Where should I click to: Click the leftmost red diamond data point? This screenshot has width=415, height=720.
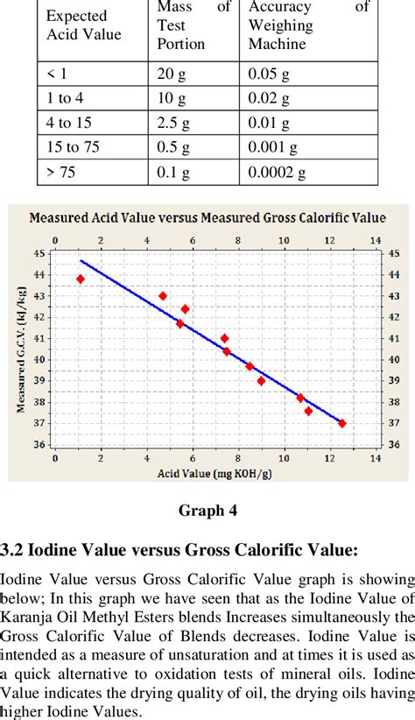pyautogui.click(x=81, y=279)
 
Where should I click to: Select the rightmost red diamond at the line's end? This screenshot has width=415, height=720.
pyautogui.click(x=341, y=423)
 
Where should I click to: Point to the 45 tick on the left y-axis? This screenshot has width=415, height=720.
pyautogui.click(x=39, y=253)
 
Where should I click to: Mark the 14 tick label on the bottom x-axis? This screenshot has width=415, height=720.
pyautogui.click(x=375, y=457)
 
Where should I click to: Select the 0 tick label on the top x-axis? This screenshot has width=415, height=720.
pyautogui.click(x=55, y=240)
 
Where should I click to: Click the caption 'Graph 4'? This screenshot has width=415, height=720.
pyautogui.click(x=207, y=510)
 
